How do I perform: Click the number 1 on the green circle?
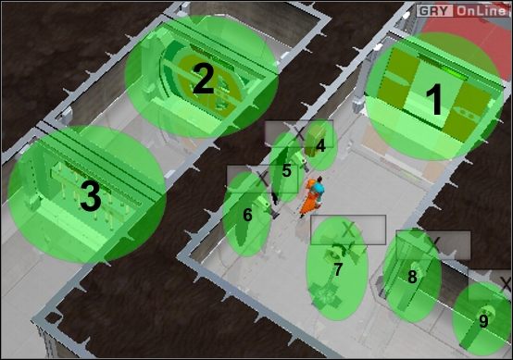pyautogui.click(x=433, y=100)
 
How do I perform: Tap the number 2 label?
pyautogui.click(x=203, y=80)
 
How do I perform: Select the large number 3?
pyautogui.click(x=88, y=196)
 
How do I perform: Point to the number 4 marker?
pyautogui.click(x=320, y=144)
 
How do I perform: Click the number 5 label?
pyautogui.click(x=287, y=170)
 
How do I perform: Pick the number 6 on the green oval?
pyautogui.click(x=247, y=215)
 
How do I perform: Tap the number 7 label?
pyautogui.click(x=338, y=269)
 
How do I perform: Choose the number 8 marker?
pyautogui.click(x=412, y=276)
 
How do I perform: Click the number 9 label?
pyautogui.click(x=483, y=321)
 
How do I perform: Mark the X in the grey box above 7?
pyautogui.click(x=348, y=228)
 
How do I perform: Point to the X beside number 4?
pyautogui.click(x=298, y=131)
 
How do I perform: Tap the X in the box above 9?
pyautogui.click(x=504, y=280)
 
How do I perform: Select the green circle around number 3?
pyautogui.click(x=86, y=193)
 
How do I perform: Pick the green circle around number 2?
pyautogui.click(x=202, y=76)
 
